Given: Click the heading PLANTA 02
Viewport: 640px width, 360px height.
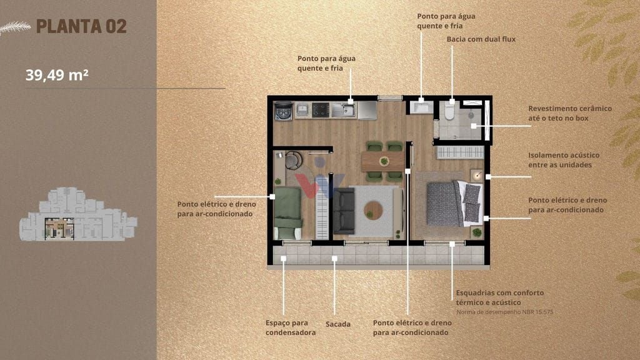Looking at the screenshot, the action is (82, 26).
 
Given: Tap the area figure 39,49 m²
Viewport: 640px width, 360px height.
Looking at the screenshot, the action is (57, 75).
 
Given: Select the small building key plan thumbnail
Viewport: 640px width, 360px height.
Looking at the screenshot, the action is (78, 214).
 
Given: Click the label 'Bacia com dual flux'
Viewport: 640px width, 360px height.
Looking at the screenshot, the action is (481, 39).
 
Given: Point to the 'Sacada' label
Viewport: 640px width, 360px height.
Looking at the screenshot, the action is (338, 324).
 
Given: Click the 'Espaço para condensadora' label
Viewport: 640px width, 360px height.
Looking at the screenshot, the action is (290, 327).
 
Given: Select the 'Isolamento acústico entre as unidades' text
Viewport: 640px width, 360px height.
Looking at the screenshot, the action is (564, 160).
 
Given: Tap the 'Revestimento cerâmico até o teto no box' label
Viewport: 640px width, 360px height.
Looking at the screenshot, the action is (570, 114).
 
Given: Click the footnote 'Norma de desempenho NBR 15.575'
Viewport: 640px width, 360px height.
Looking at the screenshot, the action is (504, 312).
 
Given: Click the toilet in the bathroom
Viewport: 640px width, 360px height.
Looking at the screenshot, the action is (449, 110).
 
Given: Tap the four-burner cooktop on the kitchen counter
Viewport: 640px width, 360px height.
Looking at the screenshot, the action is (321, 110).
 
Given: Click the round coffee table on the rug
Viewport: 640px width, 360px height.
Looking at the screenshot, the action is (373, 210).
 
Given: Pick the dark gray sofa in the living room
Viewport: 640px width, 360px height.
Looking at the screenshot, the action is (344, 211).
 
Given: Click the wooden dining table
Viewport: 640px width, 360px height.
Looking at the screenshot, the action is (383, 161).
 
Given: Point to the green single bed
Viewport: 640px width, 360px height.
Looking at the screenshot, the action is (287, 212).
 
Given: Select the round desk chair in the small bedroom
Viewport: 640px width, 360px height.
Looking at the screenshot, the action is (294, 160).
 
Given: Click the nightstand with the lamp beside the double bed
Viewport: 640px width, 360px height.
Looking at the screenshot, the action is (476, 176).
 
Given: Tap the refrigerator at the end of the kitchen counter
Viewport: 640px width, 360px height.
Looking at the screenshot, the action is (367, 111).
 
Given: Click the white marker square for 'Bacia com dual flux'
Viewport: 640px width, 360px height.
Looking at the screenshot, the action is (452, 102).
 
